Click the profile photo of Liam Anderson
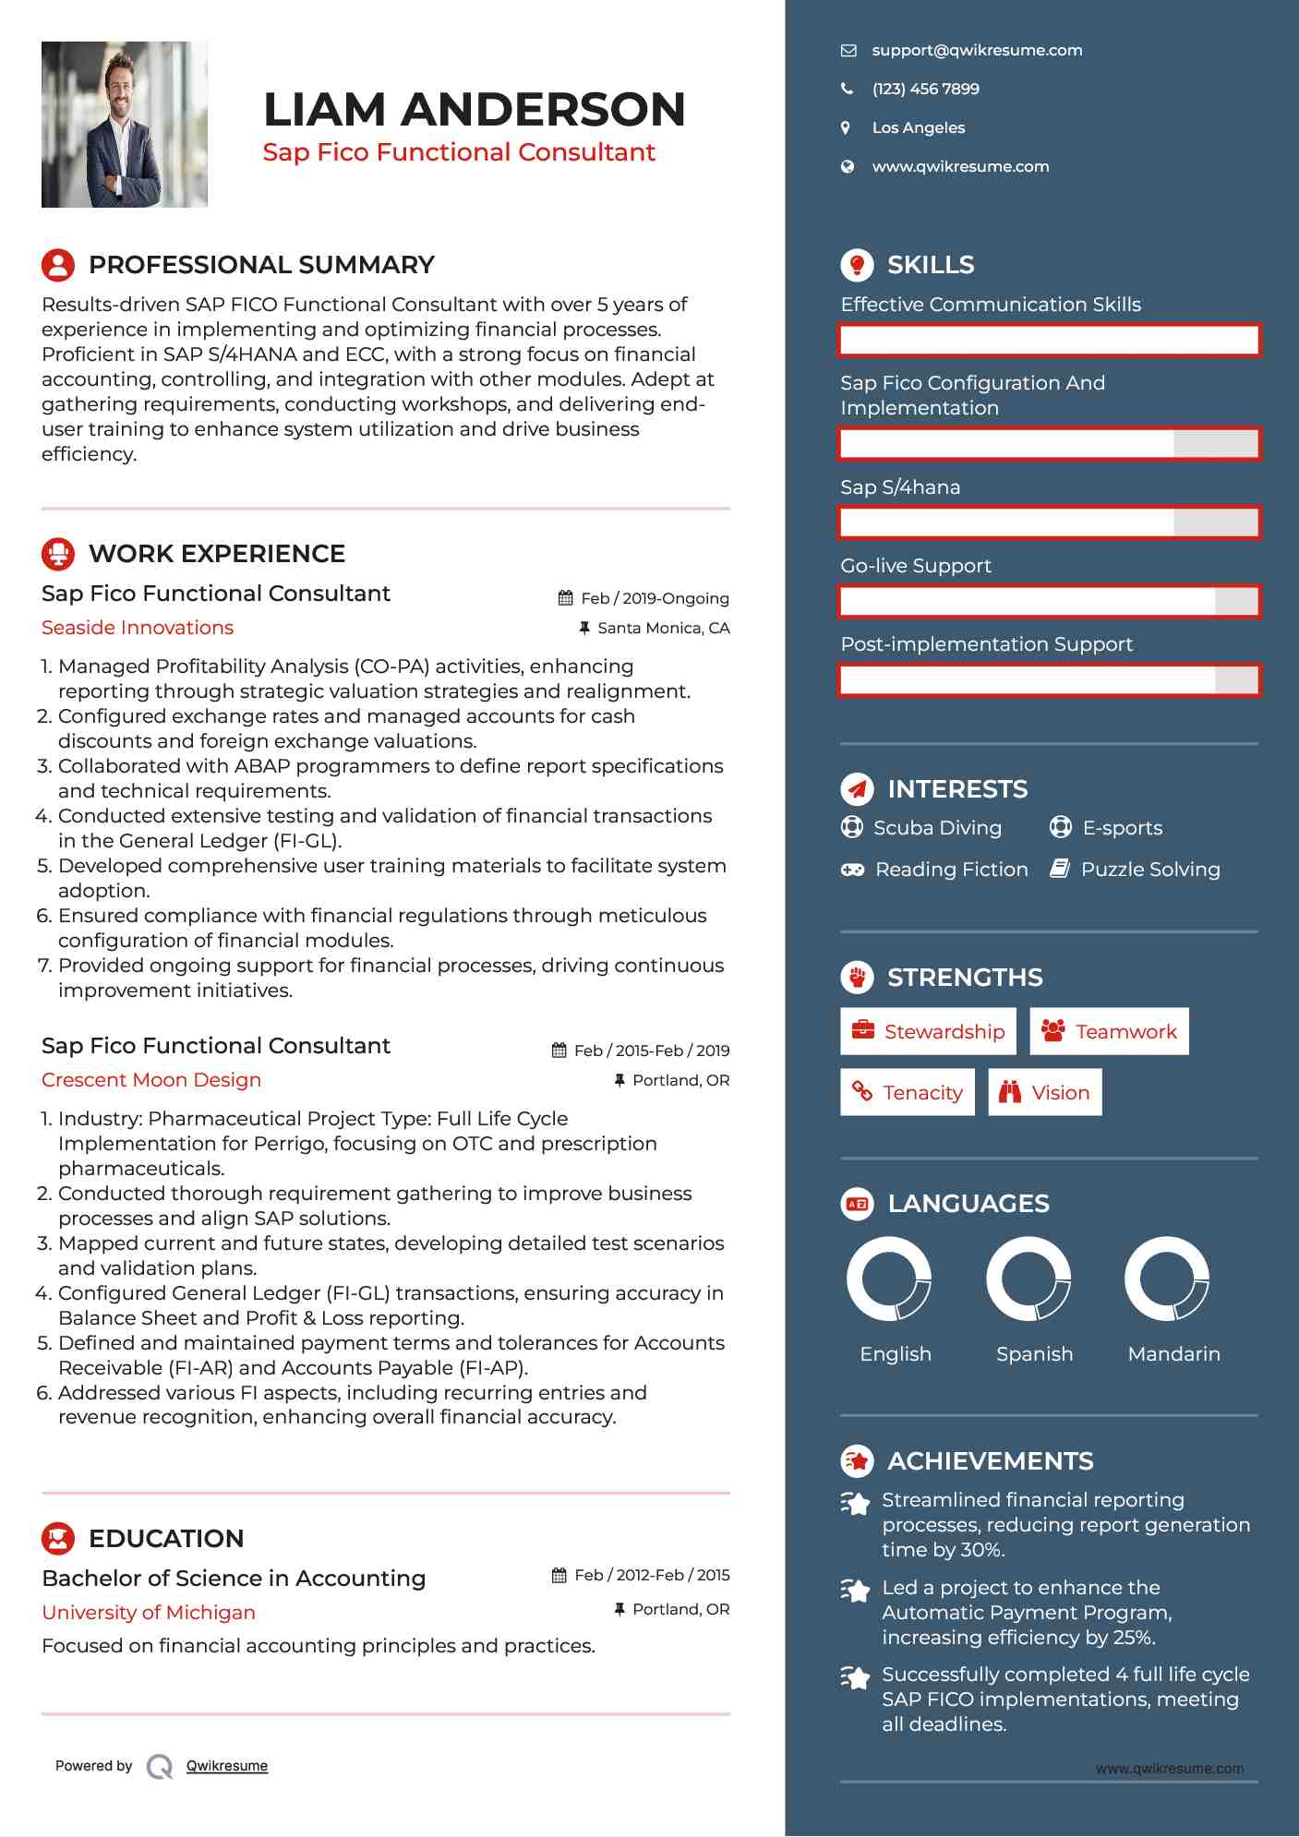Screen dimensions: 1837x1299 click(124, 124)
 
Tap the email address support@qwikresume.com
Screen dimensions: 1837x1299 click(976, 51)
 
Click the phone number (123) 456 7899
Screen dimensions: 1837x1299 click(925, 90)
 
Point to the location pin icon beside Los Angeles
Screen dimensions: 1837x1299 click(846, 128)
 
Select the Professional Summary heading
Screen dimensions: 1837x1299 click(260, 265)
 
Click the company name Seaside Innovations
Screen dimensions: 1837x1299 click(138, 628)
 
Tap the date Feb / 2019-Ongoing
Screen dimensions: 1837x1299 click(655, 598)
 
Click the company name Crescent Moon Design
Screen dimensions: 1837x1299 click(151, 1080)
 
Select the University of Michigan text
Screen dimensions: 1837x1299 click(149, 1613)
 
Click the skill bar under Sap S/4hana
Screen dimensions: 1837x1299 click(1049, 523)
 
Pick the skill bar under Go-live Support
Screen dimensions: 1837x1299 click(1049, 602)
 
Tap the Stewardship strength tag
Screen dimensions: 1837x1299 click(928, 1032)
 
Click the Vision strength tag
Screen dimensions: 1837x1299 click(1045, 1093)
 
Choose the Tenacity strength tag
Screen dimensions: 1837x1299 click(908, 1093)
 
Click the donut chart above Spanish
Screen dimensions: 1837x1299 click(1028, 1279)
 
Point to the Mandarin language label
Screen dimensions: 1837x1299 click(1173, 1354)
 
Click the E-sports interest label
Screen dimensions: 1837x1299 click(1122, 828)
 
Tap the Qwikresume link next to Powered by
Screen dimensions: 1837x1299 click(227, 1766)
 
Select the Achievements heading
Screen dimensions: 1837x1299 click(990, 1461)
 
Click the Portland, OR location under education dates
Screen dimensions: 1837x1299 click(680, 1610)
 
